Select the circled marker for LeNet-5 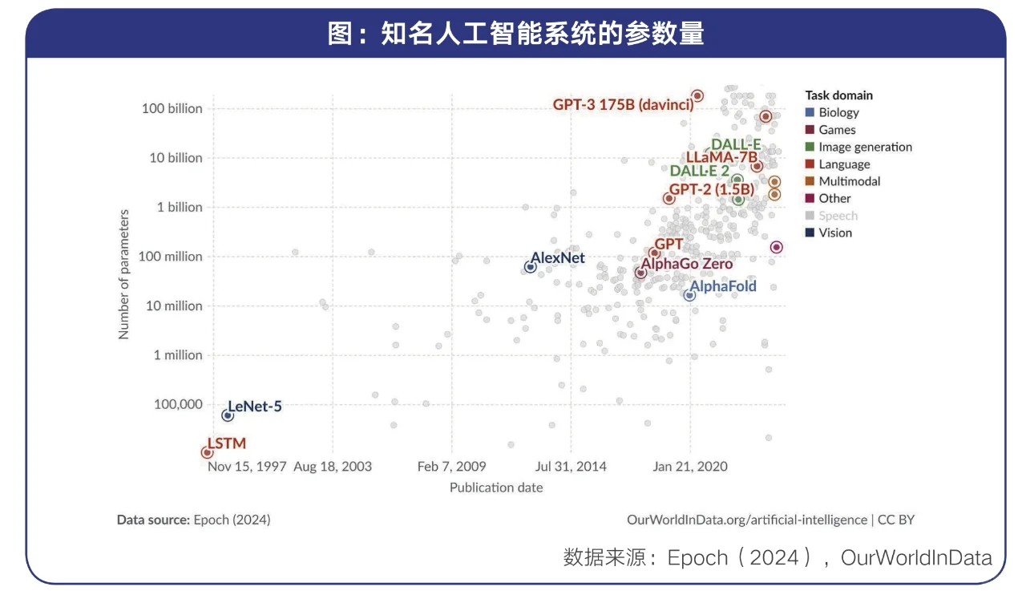pyautogui.click(x=228, y=415)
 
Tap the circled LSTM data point pyautogui.click(x=208, y=453)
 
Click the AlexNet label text pyautogui.click(x=558, y=258)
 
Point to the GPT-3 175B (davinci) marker pyautogui.click(x=697, y=95)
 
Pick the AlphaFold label pyautogui.click(x=723, y=286)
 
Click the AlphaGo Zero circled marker pyautogui.click(x=640, y=273)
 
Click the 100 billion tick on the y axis pyautogui.click(x=172, y=108)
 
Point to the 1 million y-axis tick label pyautogui.click(x=178, y=355)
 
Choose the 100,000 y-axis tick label pyautogui.click(x=178, y=404)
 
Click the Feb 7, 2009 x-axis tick pyautogui.click(x=451, y=467)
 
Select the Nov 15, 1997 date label pyautogui.click(x=247, y=467)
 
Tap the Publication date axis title pyautogui.click(x=496, y=488)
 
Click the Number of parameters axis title pyautogui.click(x=124, y=274)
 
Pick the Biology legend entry pyautogui.click(x=838, y=113)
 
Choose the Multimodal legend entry pyautogui.click(x=849, y=181)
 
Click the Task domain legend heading pyautogui.click(x=838, y=95)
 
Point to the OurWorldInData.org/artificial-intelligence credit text pyautogui.click(x=747, y=520)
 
